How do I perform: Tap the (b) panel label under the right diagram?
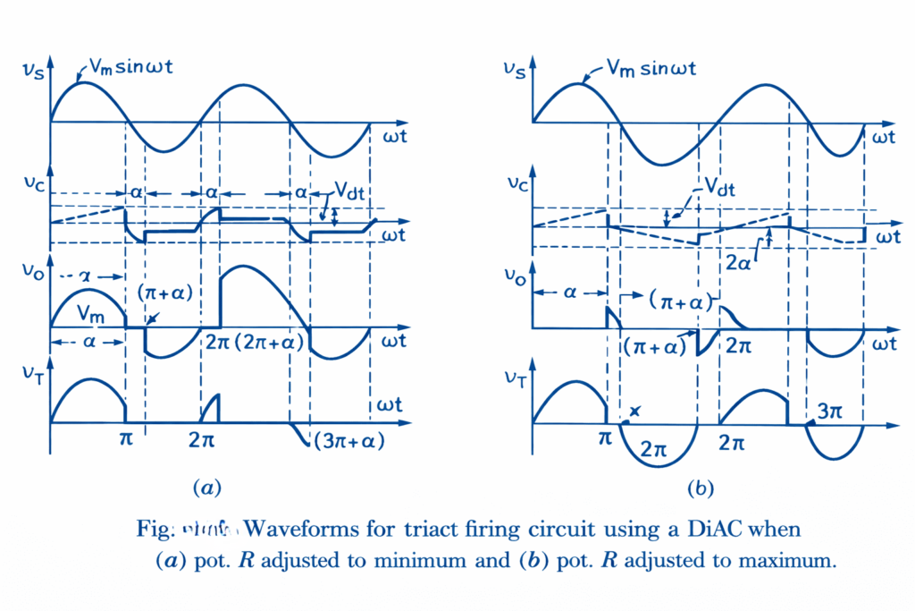(x=701, y=488)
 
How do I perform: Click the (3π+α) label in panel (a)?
(x=348, y=441)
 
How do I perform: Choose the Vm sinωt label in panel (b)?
(x=652, y=68)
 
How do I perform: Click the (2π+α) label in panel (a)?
(x=273, y=342)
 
